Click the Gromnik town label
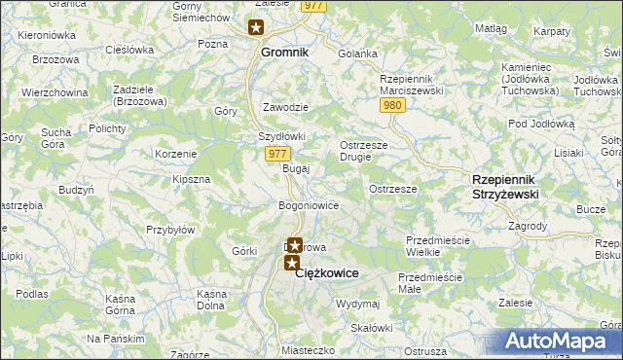point(283,54)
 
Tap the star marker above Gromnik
point(256,28)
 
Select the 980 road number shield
point(392,105)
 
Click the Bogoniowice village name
point(308,206)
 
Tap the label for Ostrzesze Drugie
point(364,152)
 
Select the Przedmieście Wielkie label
point(437,246)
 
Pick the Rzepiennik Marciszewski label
point(412,84)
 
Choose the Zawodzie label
point(286,107)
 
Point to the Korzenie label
point(176,154)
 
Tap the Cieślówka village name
point(129,49)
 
